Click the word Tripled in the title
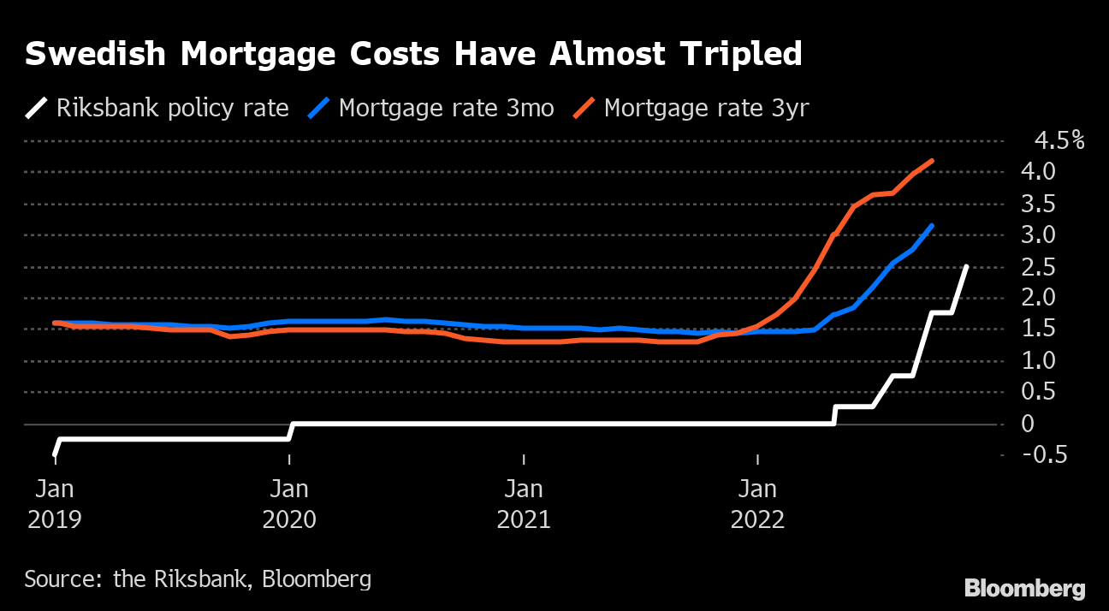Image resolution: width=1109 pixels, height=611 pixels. click(x=741, y=55)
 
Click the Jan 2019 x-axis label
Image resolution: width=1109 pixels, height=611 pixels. click(x=54, y=504)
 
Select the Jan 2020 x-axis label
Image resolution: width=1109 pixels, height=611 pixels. click(x=289, y=504)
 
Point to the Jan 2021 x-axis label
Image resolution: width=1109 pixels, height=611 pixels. click(x=524, y=504)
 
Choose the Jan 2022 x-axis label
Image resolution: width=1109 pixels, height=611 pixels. click(x=757, y=504)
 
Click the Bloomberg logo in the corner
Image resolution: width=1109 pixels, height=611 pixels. click(x=1024, y=589)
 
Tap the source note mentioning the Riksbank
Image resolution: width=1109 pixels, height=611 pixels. click(x=198, y=579)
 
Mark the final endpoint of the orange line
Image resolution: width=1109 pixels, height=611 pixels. click(x=931, y=161)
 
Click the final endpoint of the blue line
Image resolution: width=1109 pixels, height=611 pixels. click(x=931, y=226)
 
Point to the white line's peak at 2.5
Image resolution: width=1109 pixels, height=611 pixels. click(x=966, y=267)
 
